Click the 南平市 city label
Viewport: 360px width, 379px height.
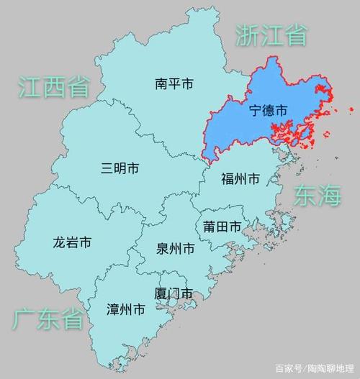pyautogui.click(x=174, y=84)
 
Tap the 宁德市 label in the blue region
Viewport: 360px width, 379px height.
pyautogui.click(x=268, y=111)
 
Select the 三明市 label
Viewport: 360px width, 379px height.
pyautogui.click(x=120, y=169)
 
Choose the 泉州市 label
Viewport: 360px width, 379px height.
pyautogui.click(x=175, y=250)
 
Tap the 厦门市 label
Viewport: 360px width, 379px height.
pyautogui.click(x=174, y=293)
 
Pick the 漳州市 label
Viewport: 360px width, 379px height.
pyautogui.click(x=125, y=310)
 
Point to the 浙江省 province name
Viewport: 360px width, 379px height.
pyautogui.click(x=271, y=34)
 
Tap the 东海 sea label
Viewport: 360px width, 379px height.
pyautogui.click(x=317, y=196)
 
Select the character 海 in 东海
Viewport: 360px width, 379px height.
pyautogui.click(x=329, y=196)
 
